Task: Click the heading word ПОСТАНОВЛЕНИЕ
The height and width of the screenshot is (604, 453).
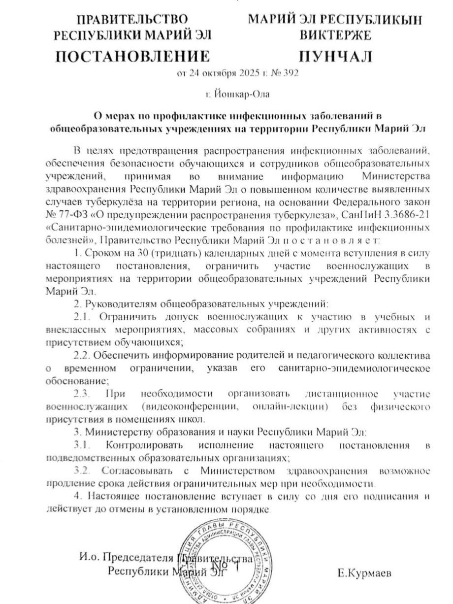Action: (131, 56)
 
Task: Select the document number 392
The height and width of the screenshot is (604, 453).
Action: (291, 74)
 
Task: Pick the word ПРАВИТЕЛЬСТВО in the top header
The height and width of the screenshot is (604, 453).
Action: (132, 20)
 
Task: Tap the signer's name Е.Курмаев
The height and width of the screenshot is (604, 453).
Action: (365, 573)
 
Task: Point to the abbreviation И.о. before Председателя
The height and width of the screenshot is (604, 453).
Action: (89, 558)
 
